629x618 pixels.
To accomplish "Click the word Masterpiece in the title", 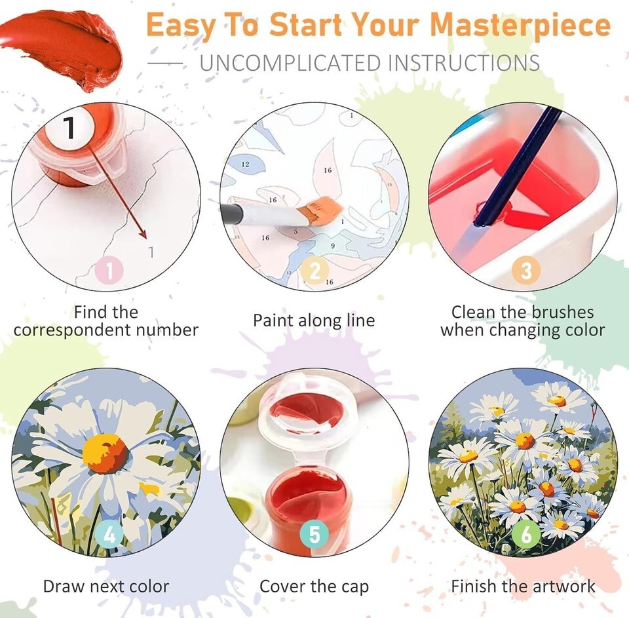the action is pyautogui.click(x=520, y=25).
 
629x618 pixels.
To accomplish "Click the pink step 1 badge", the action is pyautogui.click(x=109, y=271).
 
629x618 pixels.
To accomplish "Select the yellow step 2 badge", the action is pyautogui.click(x=315, y=271).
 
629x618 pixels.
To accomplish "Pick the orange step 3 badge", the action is pyautogui.click(x=526, y=271).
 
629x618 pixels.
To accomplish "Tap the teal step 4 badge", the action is pyautogui.click(x=109, y=534).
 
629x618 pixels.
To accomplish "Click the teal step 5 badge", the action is pyautogui.click(x=315, y=534).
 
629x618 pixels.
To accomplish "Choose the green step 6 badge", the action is pyautogui.click(x=526, y=534).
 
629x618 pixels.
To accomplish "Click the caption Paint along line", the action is pyautogui.click(x=314, y=320).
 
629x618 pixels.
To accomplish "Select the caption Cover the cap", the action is pyautogui.click(x=314, y=587).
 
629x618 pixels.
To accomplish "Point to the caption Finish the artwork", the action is pyautogui.click(x=523, y=587).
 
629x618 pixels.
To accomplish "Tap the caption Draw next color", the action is pyautogui.click(x=106, y=587).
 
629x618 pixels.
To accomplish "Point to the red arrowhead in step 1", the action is pyautogui.click(x=142, y=233).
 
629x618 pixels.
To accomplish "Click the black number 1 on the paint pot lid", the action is pyautogui.click(x=69, y=128).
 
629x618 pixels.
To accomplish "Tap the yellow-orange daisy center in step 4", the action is pyautogui.click(x=105, y=454).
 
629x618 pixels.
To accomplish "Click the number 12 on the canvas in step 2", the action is pyautogui.click(x=245, y=164).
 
